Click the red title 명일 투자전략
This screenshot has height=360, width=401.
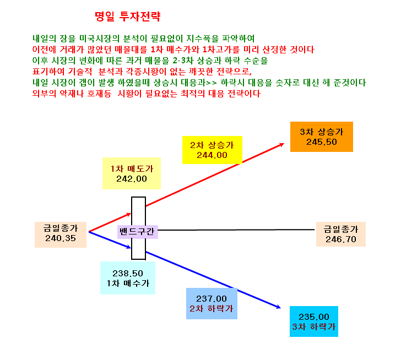click(x=127, y=17)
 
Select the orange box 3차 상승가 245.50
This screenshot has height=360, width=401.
click(x=322, y=137)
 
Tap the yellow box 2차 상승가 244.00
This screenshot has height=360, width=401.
click(x=212, y=150)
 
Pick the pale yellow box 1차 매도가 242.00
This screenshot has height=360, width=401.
click(x=132, y=173)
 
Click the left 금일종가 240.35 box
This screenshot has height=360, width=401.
click(x=61, y=234)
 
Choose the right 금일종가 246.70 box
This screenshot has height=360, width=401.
click(x=341, y=234)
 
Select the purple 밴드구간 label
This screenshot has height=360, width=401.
click(x=138, y=232)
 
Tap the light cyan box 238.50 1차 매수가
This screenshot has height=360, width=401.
click(x=128, y=278)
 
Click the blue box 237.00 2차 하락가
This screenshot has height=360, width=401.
click(x=212, y=303)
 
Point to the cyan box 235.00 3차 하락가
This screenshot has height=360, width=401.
click(x=314, y=321)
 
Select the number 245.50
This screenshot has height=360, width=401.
click(x=322, y=142)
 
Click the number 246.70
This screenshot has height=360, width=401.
click(x=341, y=239)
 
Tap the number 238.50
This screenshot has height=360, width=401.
click(x=128, y=274)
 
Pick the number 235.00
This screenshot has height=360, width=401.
click(x=314, y=317)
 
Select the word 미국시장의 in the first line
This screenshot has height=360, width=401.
click(x=99, y=39)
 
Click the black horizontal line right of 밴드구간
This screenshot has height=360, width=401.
click(x=236, y=230)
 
